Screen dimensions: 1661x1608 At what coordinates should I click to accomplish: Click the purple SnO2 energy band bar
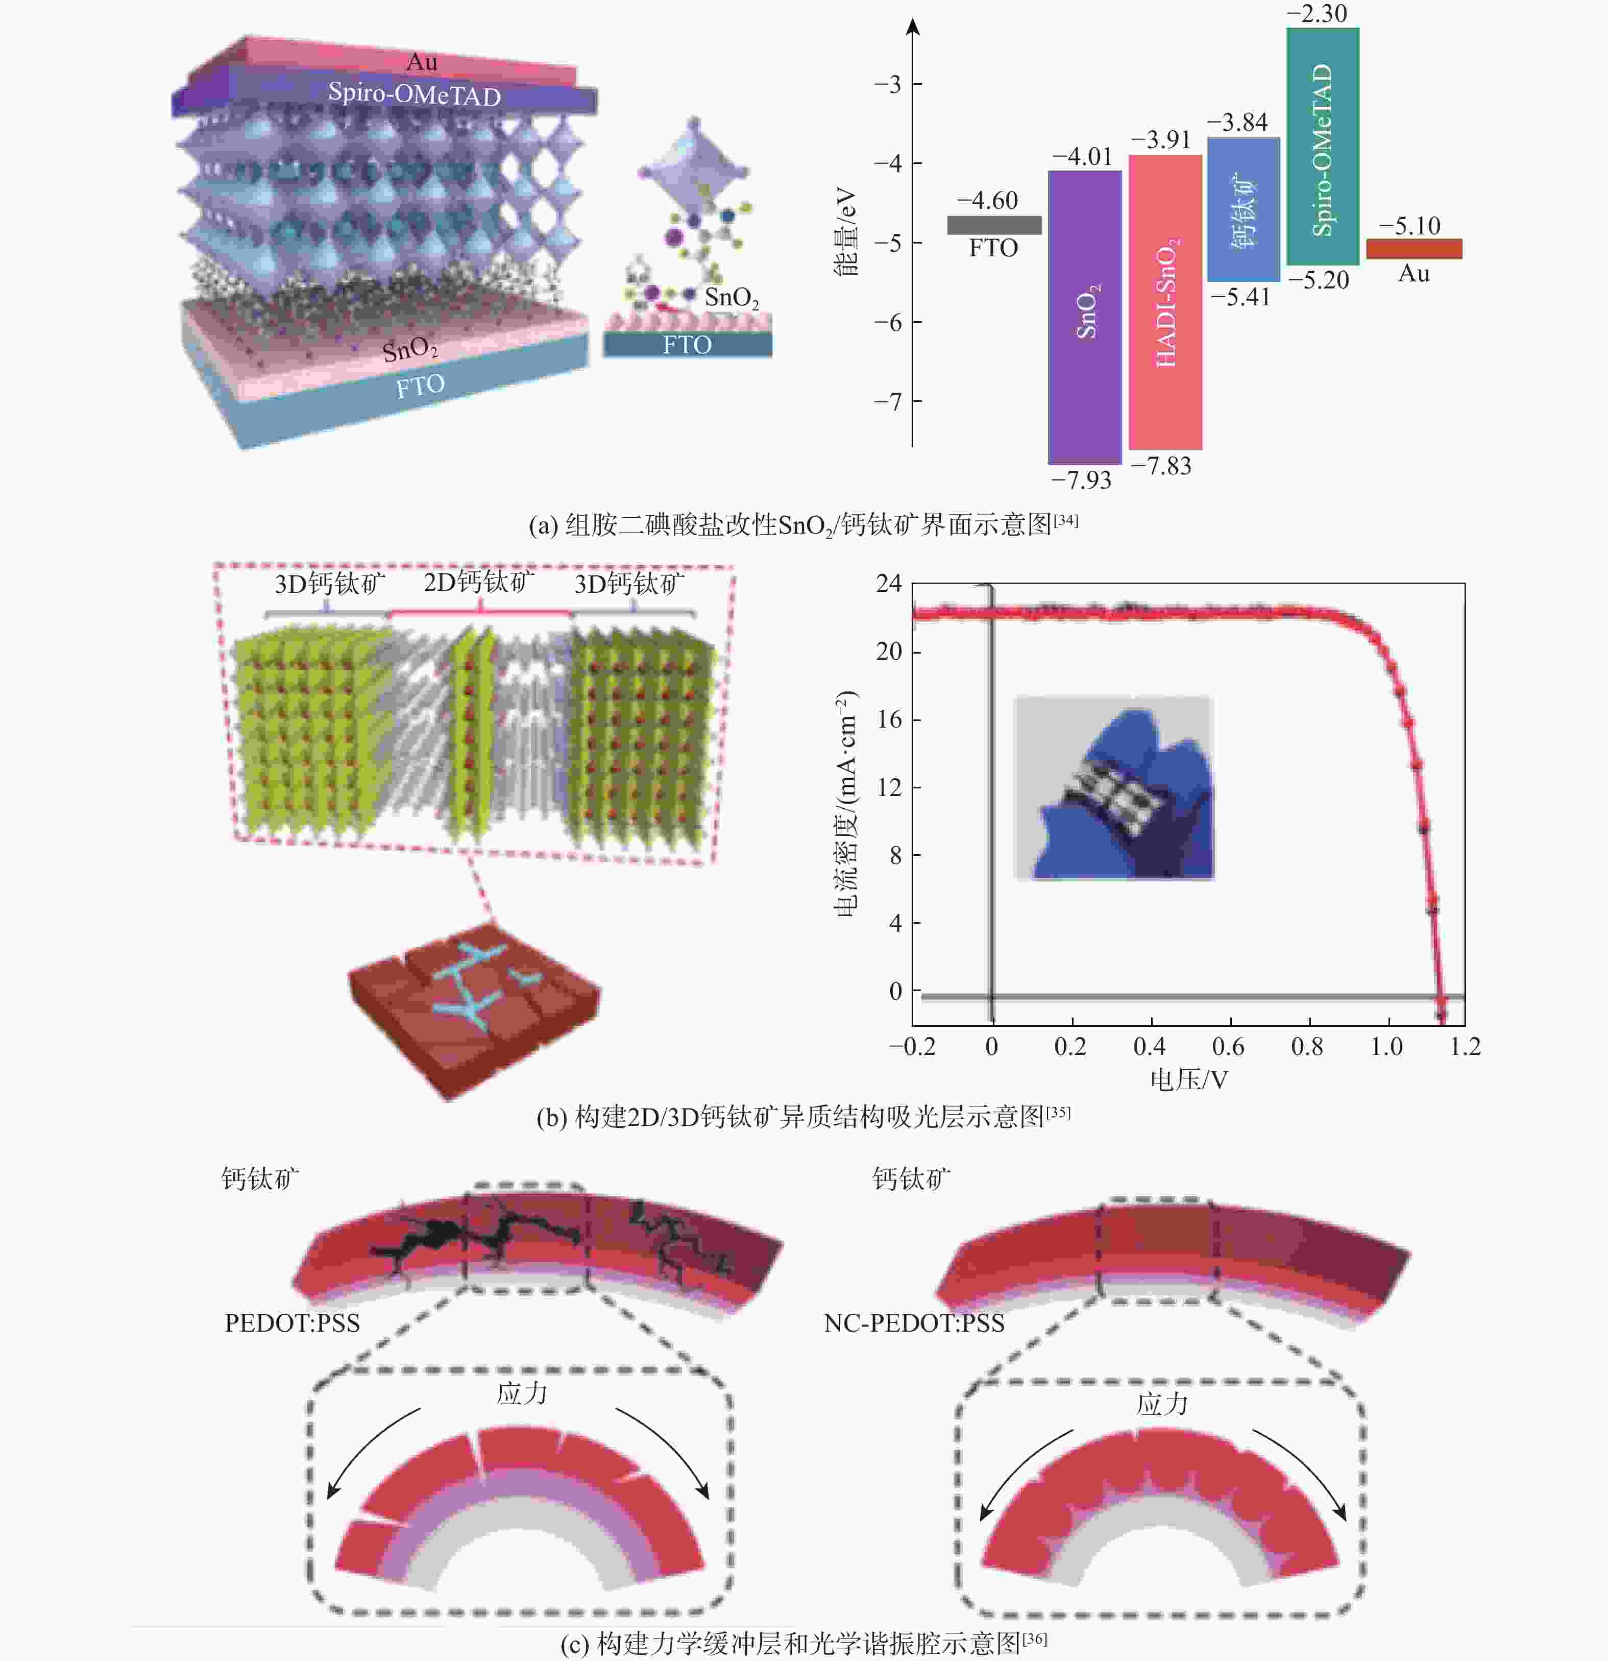(x=1084, y=317)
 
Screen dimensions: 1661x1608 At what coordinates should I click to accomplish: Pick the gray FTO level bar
(x=994, y=225)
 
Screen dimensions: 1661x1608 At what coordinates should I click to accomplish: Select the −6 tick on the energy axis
(x=890, y=322)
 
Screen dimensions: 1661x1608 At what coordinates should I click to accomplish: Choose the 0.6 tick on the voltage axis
(x=1228, y=1047)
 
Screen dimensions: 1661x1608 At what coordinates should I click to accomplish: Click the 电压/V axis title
(x=1188, y=1079)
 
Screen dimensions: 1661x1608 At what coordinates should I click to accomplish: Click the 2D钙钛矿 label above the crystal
(x=479, y=582)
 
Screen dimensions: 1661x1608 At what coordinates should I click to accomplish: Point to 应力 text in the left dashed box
(x=522, y=1393)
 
